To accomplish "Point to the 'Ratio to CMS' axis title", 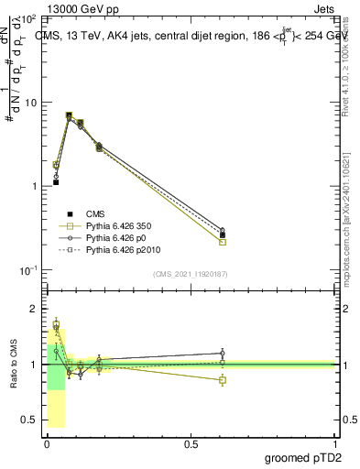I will pos(13,364).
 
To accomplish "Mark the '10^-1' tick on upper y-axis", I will pos(28,270).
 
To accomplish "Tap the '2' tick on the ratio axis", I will pos(35,309).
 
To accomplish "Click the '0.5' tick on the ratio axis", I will pos(30,420).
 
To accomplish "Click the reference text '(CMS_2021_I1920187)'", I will pos(191,274).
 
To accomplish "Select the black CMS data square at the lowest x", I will pos(56,182).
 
